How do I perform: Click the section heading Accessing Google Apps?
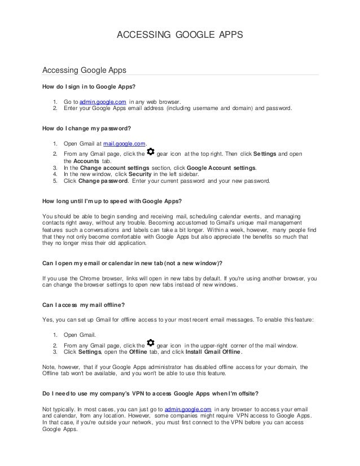(x=84, y=71)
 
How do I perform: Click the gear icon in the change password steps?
(x=150, y=152)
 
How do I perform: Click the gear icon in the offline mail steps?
(x=150, y=344)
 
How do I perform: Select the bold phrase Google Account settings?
(x=221, y=168)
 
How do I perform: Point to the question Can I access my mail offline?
(x=84, y=305)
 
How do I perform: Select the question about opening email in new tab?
(x=133, y=262)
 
